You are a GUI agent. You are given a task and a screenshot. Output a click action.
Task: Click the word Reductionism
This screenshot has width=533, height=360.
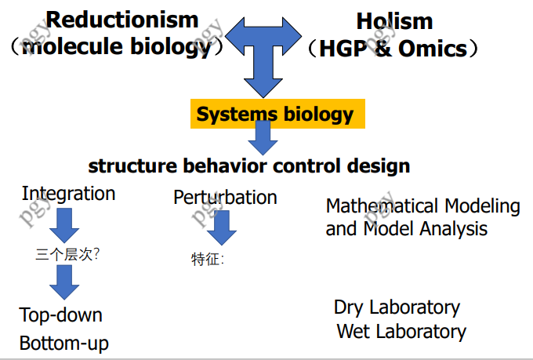pos(122,19)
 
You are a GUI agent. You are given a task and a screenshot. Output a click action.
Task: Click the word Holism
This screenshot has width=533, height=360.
pos(395,21)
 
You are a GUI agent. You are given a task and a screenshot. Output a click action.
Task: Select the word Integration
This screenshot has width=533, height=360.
pos(68,194)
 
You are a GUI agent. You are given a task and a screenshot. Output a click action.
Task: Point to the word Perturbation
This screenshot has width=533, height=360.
pos(225,197)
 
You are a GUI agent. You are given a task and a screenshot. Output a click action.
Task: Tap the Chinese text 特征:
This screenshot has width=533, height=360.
pos(208,259)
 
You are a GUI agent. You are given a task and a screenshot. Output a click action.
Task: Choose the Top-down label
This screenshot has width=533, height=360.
pos(61,315)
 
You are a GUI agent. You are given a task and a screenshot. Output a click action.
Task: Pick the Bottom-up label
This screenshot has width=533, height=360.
pos(64,344)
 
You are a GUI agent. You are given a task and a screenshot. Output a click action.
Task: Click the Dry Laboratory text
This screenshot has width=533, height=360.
pos(397,307)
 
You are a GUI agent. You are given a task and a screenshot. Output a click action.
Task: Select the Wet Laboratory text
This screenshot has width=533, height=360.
pos(401,331)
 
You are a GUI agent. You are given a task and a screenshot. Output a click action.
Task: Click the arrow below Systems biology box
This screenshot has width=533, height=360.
pos(263,141)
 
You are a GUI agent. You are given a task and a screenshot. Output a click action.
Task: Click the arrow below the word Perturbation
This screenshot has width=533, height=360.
pos(223,228)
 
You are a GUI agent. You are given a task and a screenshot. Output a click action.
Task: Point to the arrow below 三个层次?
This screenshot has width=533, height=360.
pos(63,281)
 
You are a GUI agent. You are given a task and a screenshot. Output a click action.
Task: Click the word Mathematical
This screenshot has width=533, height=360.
pos(381,206)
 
